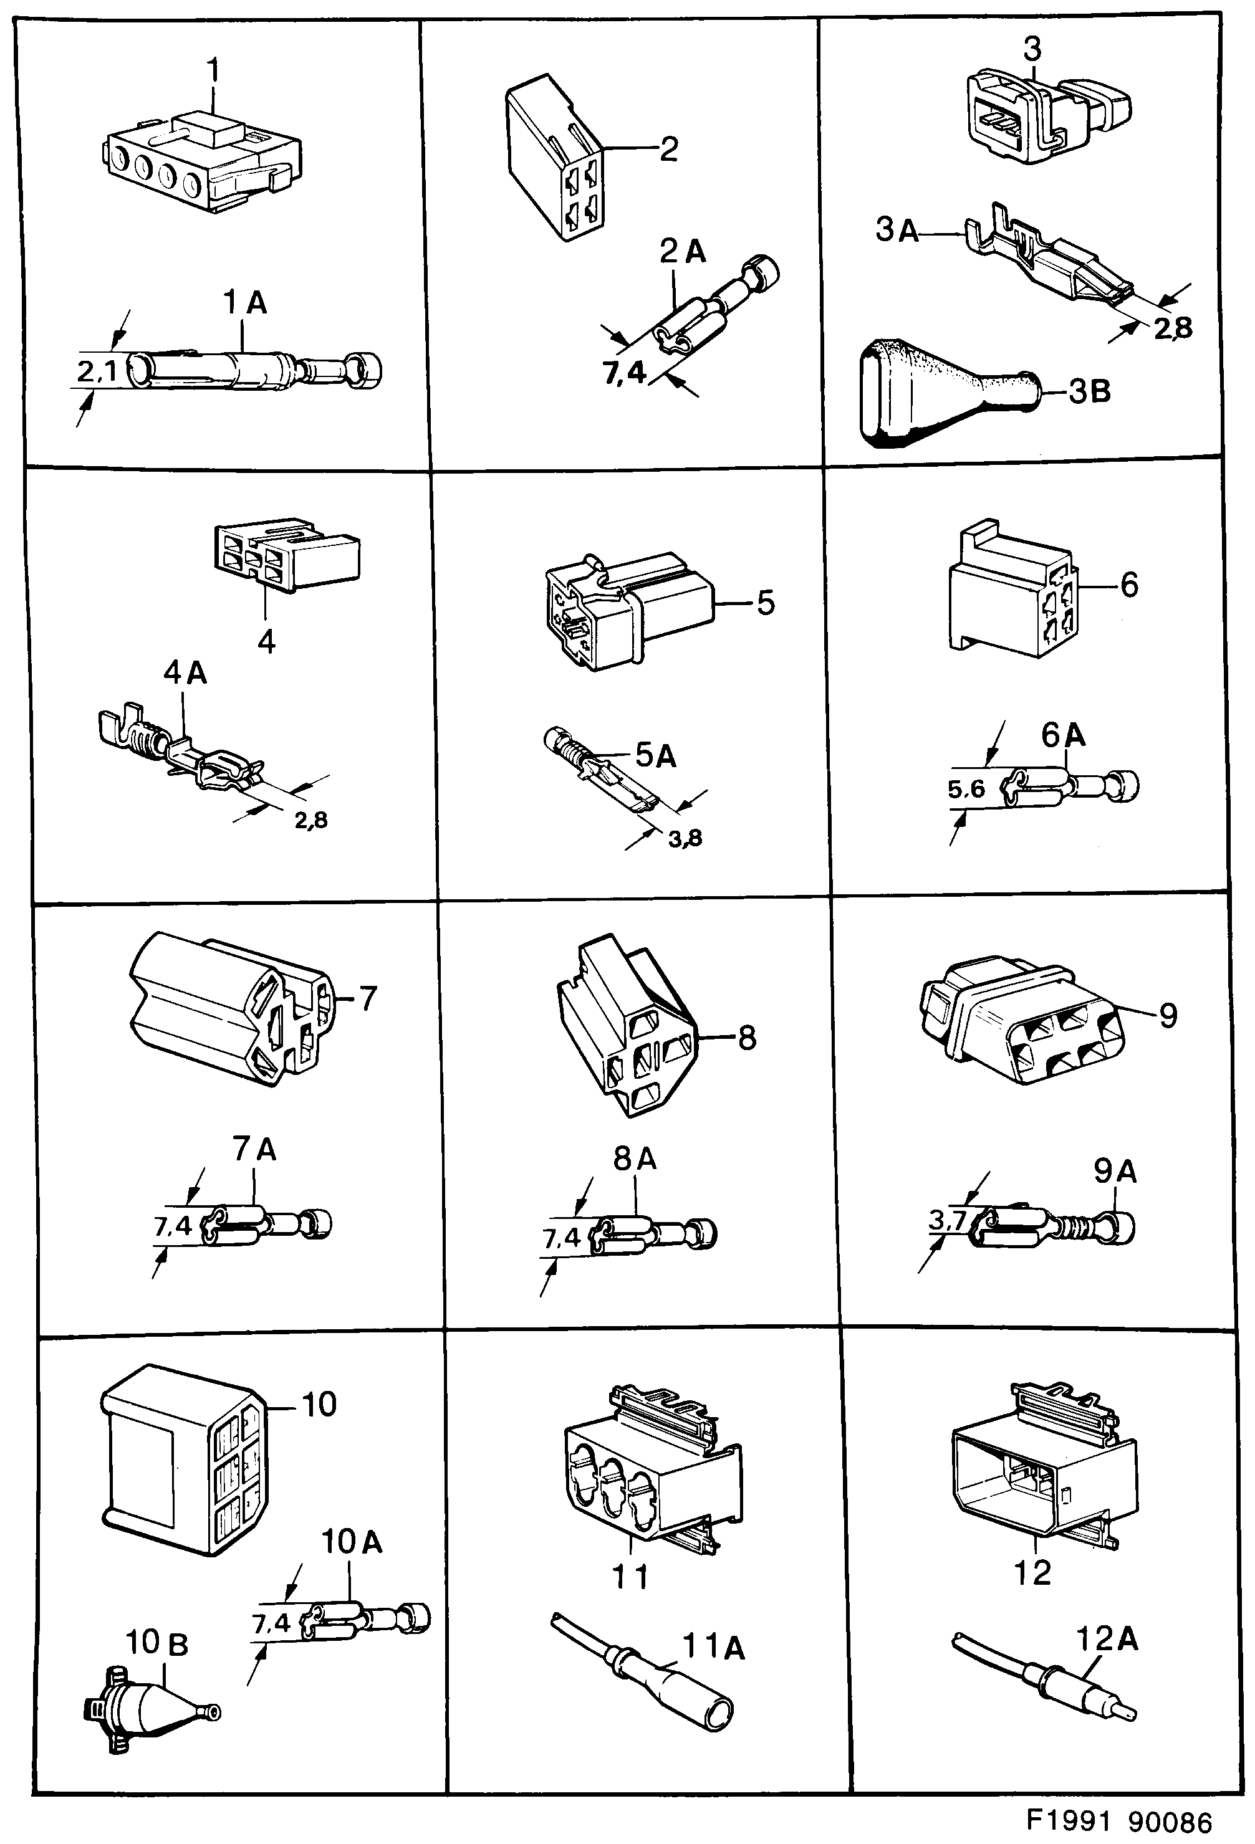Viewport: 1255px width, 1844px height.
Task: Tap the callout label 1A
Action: [244, 302]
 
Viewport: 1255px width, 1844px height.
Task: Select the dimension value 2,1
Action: [97, 371]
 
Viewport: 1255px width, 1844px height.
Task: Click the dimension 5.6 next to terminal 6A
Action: [966, 790]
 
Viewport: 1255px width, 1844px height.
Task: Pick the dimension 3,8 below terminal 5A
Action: [685, 839]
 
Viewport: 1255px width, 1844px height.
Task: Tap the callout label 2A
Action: [683, 252]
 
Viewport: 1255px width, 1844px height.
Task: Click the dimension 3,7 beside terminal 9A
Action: [946, 1220]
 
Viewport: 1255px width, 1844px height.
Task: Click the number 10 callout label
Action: [319, 1405]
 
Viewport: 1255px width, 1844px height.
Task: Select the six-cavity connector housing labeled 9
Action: [1024, 1023]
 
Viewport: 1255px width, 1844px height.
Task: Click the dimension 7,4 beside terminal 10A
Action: [271, 1623]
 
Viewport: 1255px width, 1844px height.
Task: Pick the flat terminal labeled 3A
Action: [1048, 262]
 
